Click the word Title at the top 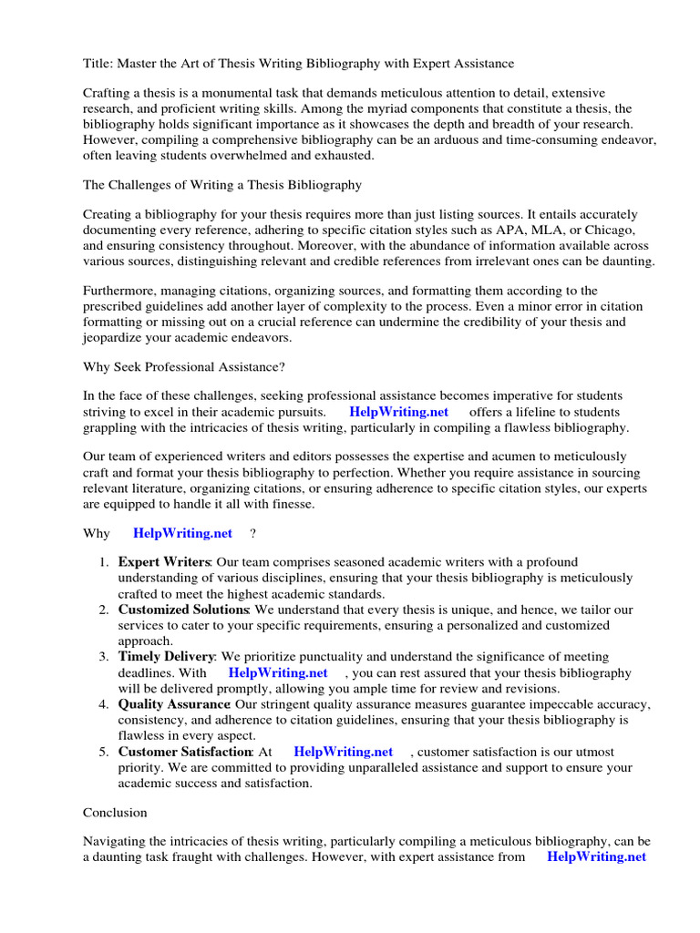pyautogui.click(x=97, y=64)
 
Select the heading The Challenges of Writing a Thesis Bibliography pyautogui.click(x=222, y=185)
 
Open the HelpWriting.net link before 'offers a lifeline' pyautogui.click(x=399, y=412)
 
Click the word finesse pyautogui.click(x=290, y=504)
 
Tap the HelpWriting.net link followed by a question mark pyautogui.click(x=182, y=533)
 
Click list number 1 pyautogui.click(x=104, y=562)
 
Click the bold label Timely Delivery pyautogui.click(x=166, y=657)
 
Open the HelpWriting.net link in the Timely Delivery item pyautogui.click(x=277, y=672)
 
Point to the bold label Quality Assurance pyautogui.click(x=173, y=704)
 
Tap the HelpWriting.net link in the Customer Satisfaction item pyautogui.click(x=343, y=752)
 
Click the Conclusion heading pyautogui.click(x=115, y=812)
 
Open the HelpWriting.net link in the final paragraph pyautogui.click(x=596, y=856)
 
